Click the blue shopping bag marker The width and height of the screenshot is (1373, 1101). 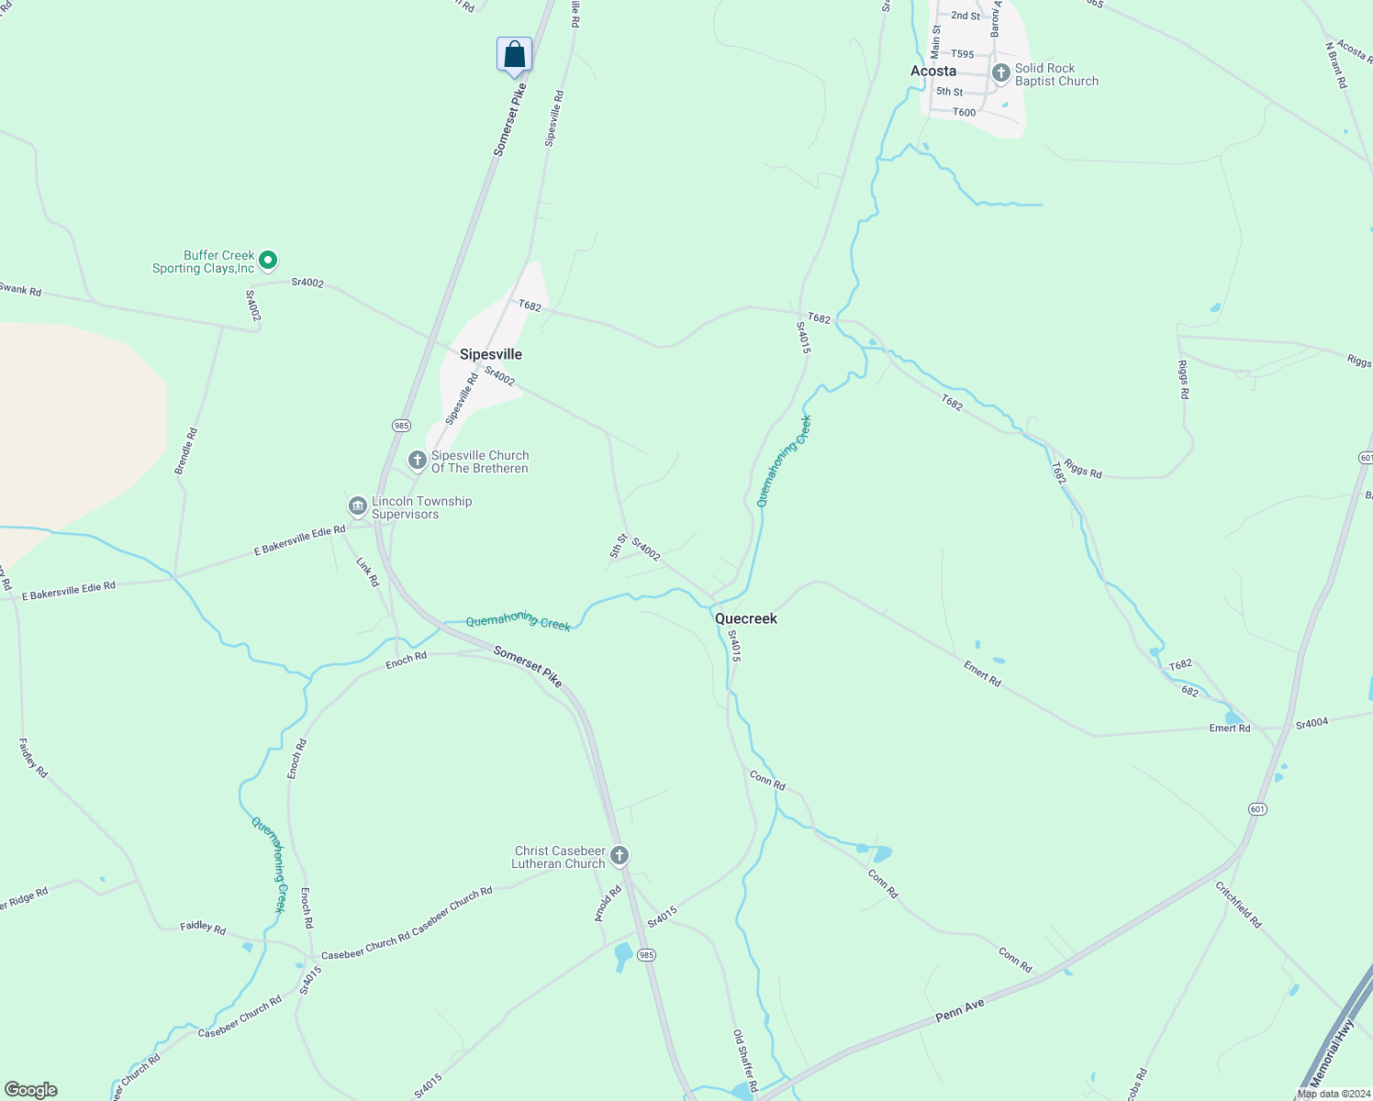pyautogui.click(x=514, y=54)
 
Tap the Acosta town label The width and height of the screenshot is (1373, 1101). pyautogui.click(x=932, y=71)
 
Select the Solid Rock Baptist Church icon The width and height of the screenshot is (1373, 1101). pyautogui.click(x=1001, y=72)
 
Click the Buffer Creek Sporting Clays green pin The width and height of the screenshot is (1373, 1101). pyautogui.click(x=268, y=261)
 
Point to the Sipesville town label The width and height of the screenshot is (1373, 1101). pyautogui.click(x=490, y=354)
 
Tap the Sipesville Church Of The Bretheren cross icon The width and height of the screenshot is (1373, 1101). pyautogui.click(x=418, y=460)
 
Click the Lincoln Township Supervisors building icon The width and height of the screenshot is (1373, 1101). pyautogui.click(x=357, y=506)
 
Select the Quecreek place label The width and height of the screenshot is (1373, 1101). pyautogui.click(x=745, y=618)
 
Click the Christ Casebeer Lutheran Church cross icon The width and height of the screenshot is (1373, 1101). pyautogui.click(x=620, y=856)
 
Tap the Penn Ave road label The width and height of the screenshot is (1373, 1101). pyautogui.click(x=960, y=1010)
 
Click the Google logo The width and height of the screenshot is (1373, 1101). pyautogui.click(x=31, y=1090)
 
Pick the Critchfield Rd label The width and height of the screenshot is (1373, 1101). pyautogui.click(x=1238, y=905)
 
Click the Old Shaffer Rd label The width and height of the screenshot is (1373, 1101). pyautogui.click(x=744, y=1060)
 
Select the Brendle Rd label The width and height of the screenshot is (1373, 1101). pyautogui.click(x=185, y=450)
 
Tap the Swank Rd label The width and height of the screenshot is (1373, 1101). pyautogui.click(x=20, y=289)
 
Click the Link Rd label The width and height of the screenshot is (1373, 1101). pyautogui.click(x=367, y=573)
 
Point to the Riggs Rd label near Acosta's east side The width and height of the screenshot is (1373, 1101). pyautogui.click(x=1183, y=380)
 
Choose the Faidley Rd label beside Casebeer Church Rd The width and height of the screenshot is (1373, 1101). pyautogui.click(x=203, y=928)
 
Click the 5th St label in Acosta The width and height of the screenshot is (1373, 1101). pyautogui.click(x=949, y=92)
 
